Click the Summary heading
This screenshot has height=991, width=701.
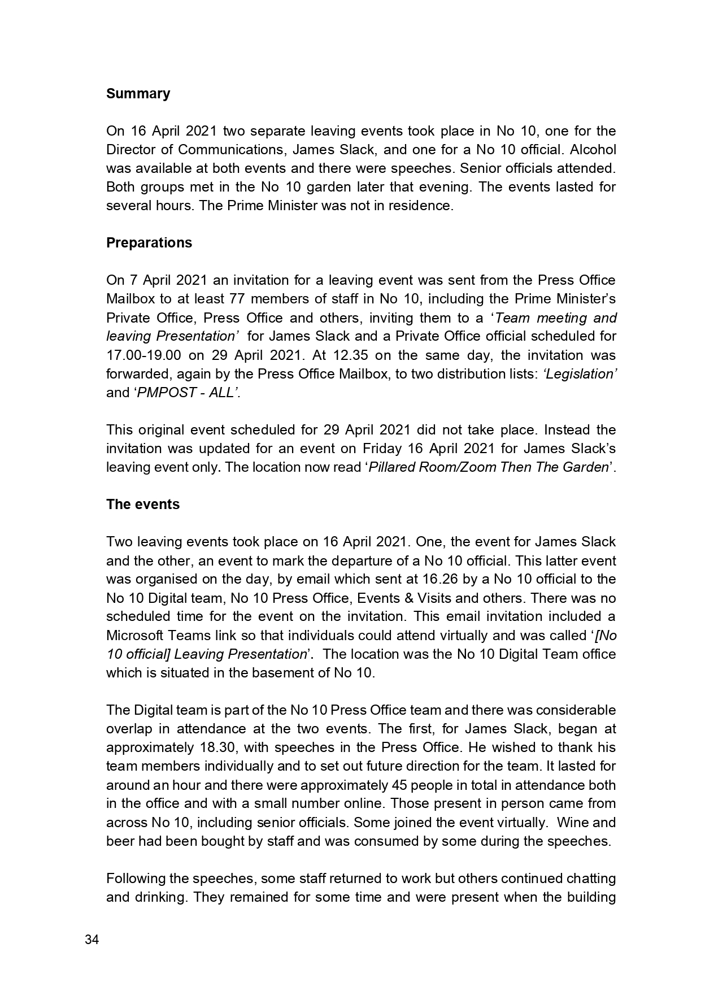point(138,94)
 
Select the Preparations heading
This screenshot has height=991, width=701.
point(149,243)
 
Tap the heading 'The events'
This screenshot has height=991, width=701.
point(143,505)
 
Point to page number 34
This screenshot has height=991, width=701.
point(92,940)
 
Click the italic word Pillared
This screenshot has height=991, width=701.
point(394,467)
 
